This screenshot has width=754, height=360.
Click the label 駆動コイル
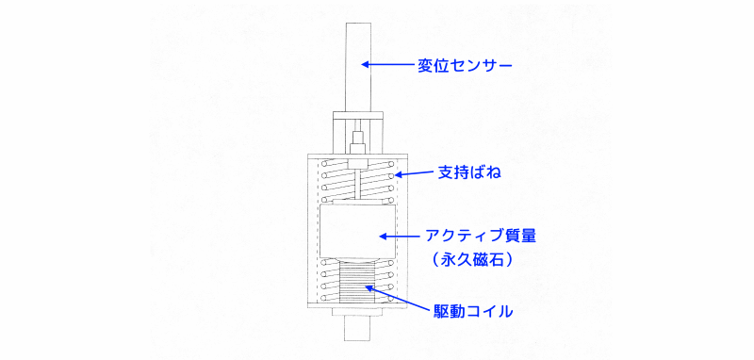point(473,310)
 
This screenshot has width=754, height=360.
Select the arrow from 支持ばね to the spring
point(414,173)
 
